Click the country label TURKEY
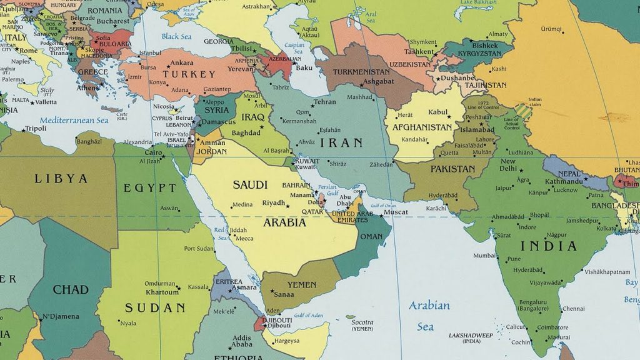(189, 74)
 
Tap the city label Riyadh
(274, 203)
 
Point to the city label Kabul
(439, 112)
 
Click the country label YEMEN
(302, 284)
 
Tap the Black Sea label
(176, 36)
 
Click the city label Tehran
(325, 102)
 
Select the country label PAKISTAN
(453, 169)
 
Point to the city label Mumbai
(484, 255)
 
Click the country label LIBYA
(61, 179)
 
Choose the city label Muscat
(396, 212)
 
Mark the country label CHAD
(71, 289)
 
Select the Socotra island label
(362, 322)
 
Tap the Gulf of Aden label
(307, 314)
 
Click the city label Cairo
(154, 152)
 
